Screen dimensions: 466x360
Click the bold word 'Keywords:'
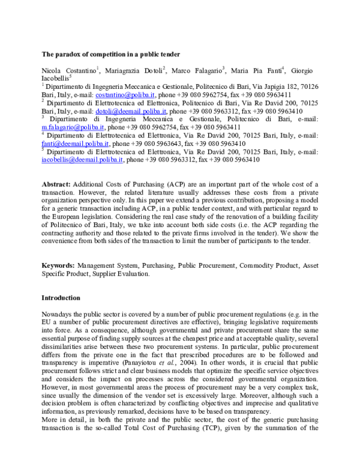click(59, 265)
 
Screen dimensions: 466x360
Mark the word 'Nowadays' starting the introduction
click(57, 314)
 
